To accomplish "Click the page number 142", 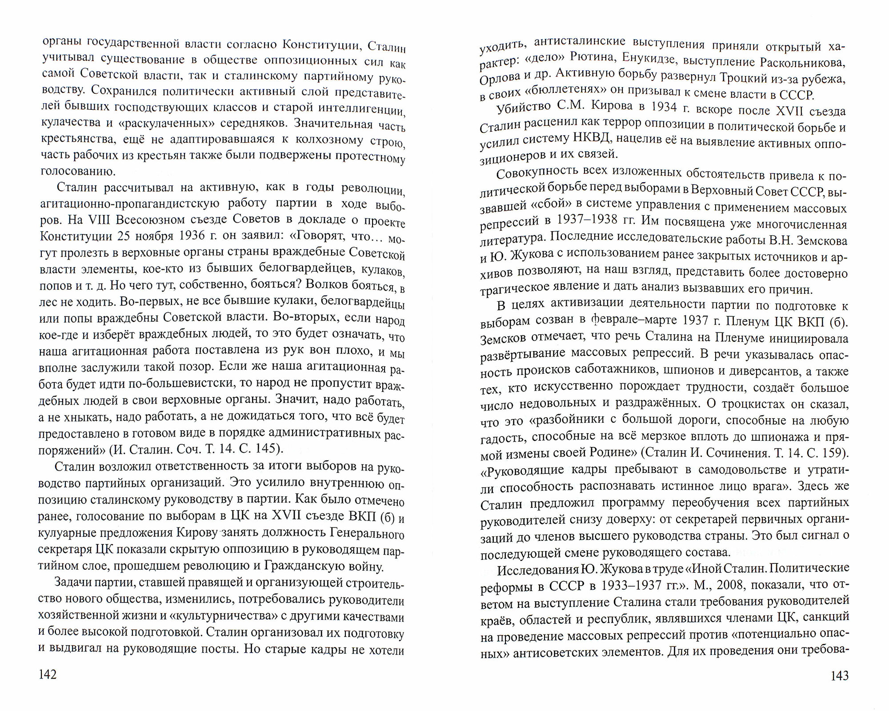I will tap(48, 675).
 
